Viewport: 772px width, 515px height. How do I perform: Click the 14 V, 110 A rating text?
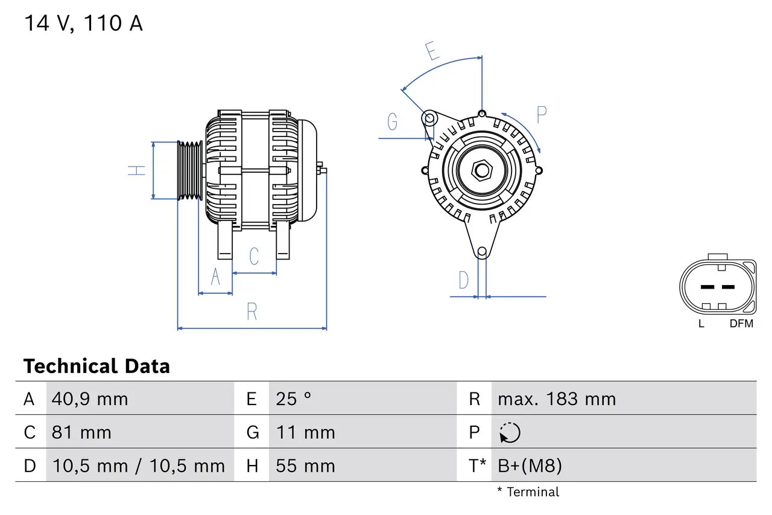[x=83, y=24]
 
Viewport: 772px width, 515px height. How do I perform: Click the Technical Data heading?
[x=96, y=366]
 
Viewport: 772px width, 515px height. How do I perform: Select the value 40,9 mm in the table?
[x=90, y=399]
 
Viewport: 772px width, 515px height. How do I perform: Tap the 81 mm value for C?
[x=81, y=432]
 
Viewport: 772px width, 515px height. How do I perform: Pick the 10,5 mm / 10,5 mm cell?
[x=139, y=465]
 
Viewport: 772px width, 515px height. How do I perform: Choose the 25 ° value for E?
[x=294, y=399]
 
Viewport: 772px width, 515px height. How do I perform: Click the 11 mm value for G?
[x=305, y=432]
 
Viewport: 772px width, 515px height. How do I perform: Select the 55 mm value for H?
[x=305, y=465]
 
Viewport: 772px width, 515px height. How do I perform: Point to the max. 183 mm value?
[x=557, y=399]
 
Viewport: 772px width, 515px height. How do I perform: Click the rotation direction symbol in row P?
[x=510, y=432]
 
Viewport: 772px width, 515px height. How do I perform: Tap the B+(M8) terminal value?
[x=530, y=465]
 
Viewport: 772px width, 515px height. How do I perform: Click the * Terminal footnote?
[x=528, y=492]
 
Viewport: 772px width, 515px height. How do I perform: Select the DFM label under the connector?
[x=741, y=324]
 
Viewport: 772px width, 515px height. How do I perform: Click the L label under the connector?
[x=701, y=324]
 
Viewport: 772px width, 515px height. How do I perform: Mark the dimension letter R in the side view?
[x=252, y=312]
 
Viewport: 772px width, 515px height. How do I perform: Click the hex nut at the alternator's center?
[x=481, y=170]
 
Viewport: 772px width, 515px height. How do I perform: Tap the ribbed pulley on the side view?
[x=190, y=170]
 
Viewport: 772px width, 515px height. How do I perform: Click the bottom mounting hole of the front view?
[x=482, y=252]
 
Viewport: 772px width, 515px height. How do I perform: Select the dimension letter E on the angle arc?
[x=432, y=51]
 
